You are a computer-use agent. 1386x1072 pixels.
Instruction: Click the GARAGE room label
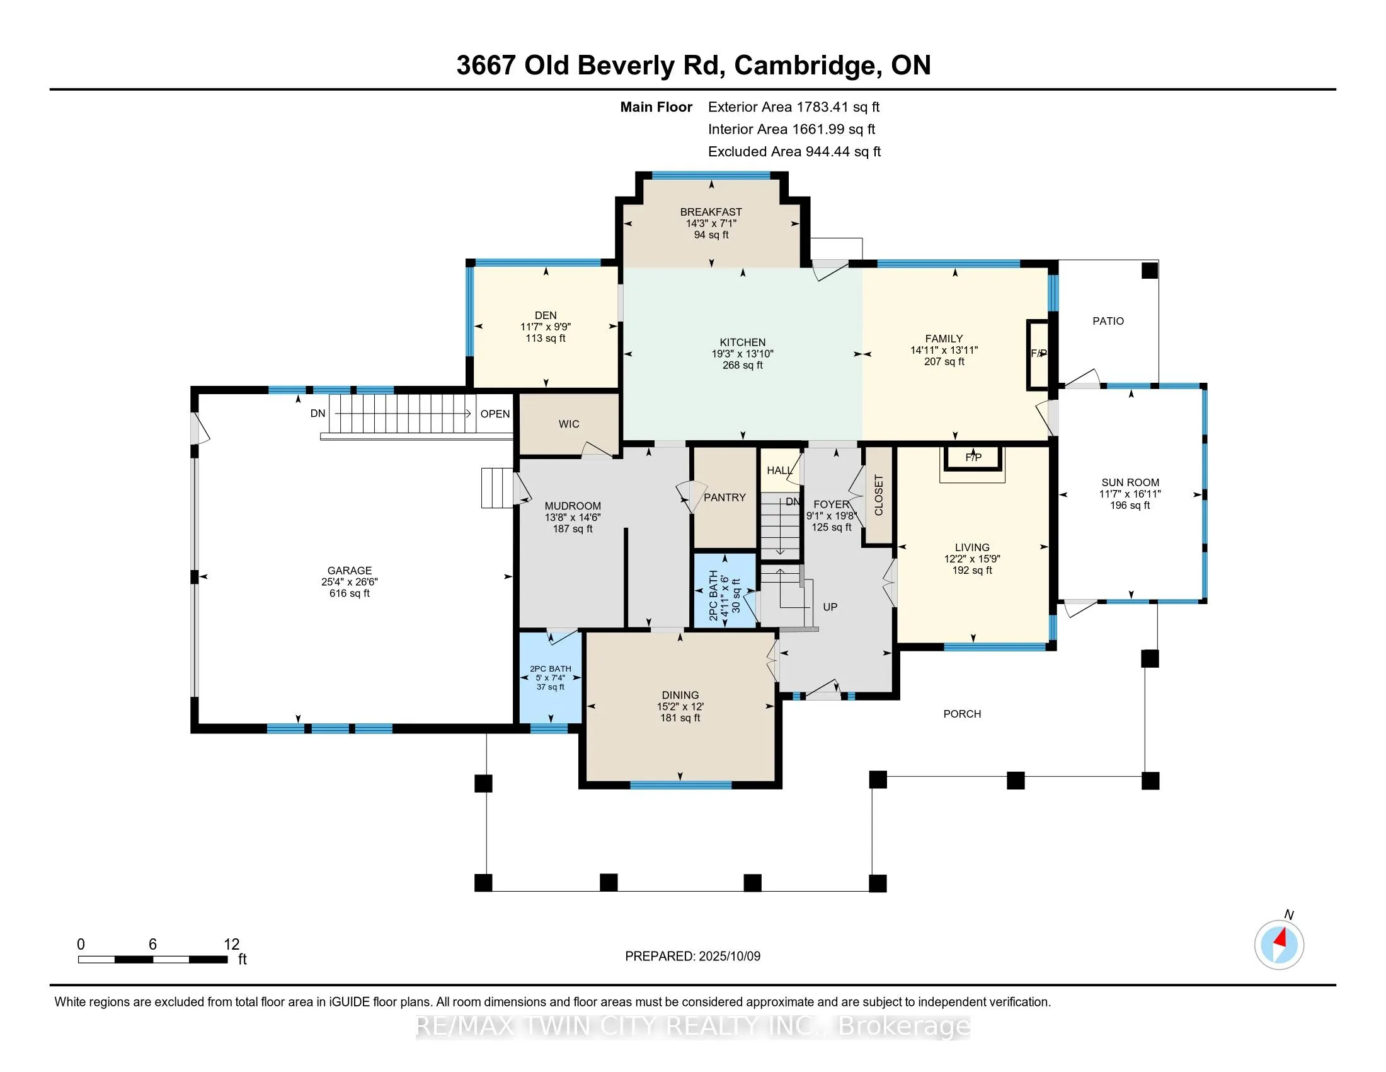350,570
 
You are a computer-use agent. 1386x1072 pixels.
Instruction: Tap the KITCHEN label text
743,342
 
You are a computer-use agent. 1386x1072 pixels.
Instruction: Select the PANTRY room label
724,498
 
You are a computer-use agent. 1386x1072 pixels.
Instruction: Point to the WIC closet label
569,424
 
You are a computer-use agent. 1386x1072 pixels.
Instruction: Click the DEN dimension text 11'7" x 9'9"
546,327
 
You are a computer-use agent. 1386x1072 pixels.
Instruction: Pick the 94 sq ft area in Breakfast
711,235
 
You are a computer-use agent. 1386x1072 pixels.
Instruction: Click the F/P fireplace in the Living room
973,457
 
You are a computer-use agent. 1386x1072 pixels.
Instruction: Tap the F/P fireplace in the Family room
1038,354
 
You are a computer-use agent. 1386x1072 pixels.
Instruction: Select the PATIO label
1108,322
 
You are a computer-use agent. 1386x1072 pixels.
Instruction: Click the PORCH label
962,714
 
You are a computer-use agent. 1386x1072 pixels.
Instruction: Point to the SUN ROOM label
1130,482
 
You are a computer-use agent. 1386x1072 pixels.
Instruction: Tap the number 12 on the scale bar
232,945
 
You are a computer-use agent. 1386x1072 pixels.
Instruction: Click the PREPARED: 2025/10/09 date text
692,957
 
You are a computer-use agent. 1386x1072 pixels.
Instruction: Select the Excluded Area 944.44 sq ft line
794,152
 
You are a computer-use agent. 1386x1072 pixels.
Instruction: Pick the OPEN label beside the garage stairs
495,414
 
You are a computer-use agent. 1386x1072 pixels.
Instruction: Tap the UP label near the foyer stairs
830,607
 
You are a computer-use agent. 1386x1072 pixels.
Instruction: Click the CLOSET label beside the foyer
879,496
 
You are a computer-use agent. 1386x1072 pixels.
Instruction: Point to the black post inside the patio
1150,271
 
